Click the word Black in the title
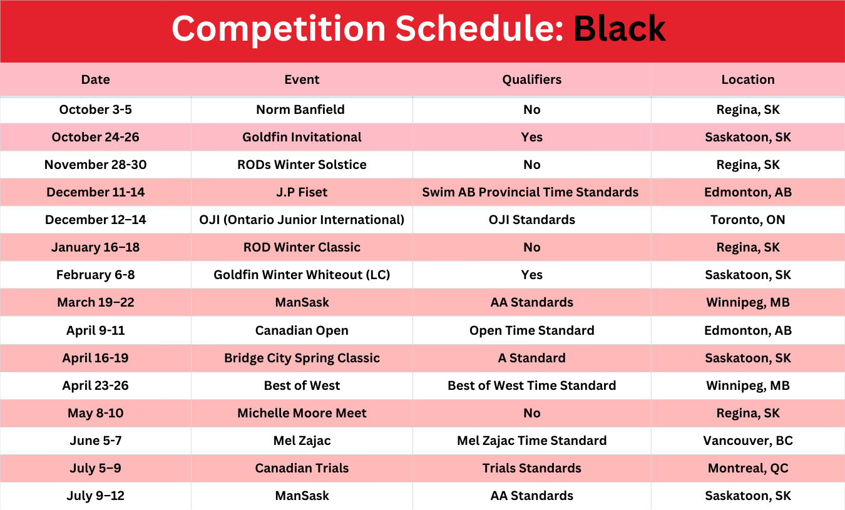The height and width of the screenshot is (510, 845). (x=620, y=29)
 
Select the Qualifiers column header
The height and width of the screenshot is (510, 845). (x=531, y=79)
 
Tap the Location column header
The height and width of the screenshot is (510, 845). (x=748, y=79)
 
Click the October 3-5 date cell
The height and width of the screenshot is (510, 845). (x=95, y=110)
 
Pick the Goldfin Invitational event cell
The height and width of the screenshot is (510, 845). (x=302, y=137)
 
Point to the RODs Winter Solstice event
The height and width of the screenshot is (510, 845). (x=302, y=165)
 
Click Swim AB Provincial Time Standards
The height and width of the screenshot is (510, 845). (x=530, y=192)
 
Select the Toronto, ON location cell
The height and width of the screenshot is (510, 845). (x=748, y=220)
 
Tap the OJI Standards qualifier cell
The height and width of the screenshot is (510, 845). (x=531, y=220)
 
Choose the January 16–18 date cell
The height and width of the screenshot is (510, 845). (x=95, y=247)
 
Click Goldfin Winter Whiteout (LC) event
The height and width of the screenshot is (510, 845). (x=302, y=275)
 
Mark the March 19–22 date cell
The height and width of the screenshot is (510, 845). (x=95, y=302)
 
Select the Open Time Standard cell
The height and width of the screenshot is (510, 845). (x=531, y=330)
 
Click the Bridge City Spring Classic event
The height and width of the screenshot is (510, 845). (x=302, y=358)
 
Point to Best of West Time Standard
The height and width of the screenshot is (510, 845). (x=531, y=385)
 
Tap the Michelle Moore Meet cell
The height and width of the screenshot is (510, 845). (x=302, y=413)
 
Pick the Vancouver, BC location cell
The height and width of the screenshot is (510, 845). (x=748, y=441)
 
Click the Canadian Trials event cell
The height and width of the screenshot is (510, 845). (x=302, y=468)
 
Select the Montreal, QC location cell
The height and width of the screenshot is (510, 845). (x=748, y=468)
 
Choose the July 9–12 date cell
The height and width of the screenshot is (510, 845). (x=95, y=496)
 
